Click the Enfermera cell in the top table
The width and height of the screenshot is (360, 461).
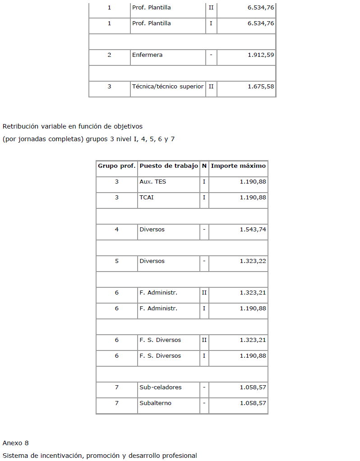click(x=148, y=55)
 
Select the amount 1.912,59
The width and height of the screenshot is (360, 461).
click(x=261, y=55)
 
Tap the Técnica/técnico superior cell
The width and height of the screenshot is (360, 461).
click(x=168, y=87)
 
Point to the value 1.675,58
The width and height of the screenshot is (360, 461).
click(x=261, y=87)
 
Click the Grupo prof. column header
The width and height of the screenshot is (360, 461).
click(x=117, y=166)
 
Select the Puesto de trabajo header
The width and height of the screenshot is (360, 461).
click(x=169, y=166)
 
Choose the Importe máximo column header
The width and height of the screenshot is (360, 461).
click(x=238, y=166)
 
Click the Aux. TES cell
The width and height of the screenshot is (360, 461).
click(x=152, y=182)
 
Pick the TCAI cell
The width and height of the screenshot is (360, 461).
click(x=147, y=198)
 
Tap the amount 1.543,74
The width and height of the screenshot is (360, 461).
click(x=253, y=230)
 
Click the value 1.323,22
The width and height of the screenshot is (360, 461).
click(x=253, y=261)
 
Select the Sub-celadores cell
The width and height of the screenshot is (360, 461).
click(x=161, y=387)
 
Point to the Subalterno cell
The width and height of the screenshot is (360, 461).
click(x=156, y=403)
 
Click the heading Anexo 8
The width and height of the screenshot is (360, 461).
click(x=16, y=443)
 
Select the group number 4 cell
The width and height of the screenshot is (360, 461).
click(x=117, y=230)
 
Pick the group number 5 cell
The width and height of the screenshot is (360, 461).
click(x=117, y=261)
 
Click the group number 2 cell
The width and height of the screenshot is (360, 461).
click(x=109, y=55)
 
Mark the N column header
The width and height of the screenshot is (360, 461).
click(x=204, y=166)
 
